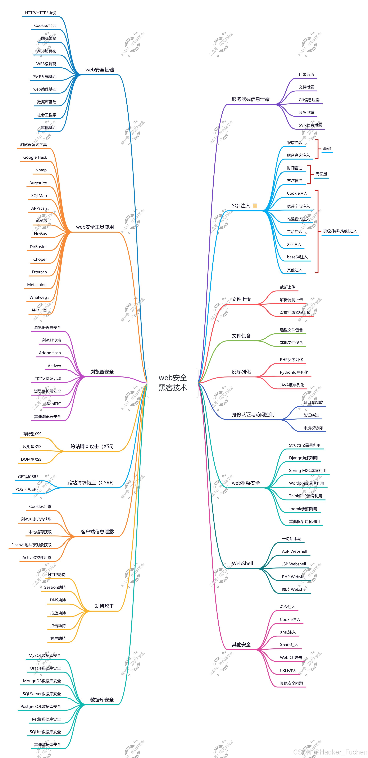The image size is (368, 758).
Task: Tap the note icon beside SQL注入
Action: [255, 206]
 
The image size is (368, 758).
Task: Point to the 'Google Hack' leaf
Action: [35, 157]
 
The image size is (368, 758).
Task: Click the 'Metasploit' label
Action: [37, 285]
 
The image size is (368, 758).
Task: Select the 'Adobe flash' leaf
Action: [50, 353]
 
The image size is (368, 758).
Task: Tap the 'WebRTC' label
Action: [53, 404]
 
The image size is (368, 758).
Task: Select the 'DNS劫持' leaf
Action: [58, 600]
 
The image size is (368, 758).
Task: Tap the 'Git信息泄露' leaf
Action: [309, 100]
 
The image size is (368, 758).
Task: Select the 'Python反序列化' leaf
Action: [294, 372]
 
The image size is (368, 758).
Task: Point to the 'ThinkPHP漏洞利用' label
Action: [305, 496]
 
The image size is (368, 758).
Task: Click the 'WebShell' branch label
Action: [242, 563]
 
